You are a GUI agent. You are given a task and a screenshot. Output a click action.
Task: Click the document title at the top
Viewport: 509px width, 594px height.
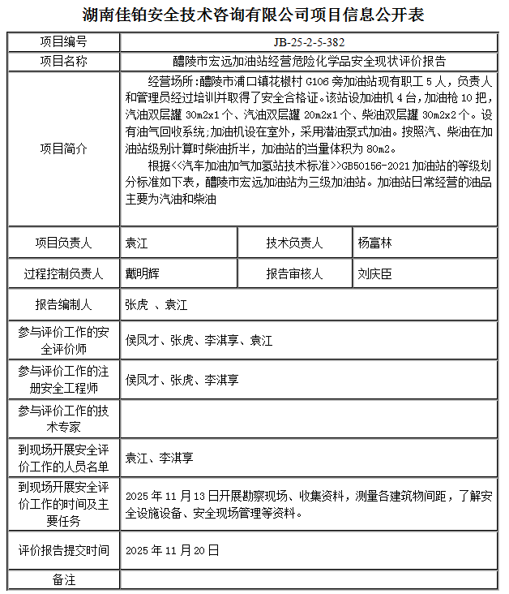[x=254, y=15]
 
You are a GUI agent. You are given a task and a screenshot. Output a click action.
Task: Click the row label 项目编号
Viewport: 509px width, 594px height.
[x=63, y=42]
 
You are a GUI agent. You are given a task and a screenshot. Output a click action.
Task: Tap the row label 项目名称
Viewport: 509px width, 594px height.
[x=63, y=61]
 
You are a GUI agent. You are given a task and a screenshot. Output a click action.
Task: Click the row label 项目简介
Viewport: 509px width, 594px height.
[x=63, y=149]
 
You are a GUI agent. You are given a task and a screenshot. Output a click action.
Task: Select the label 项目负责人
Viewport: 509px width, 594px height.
[x=63, y=243]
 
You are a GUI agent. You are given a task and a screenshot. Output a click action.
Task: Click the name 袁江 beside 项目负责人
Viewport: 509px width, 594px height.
[x=136, y=243]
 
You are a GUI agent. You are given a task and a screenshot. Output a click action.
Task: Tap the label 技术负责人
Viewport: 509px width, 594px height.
[x=294, y=243]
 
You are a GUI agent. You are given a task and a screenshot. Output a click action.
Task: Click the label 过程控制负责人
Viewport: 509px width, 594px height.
[x=63, y=274]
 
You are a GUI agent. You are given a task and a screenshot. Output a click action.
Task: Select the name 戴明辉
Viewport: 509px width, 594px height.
[x=142, y=274]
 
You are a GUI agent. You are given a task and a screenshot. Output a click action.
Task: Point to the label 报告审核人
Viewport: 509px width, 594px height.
[x=294, y=274]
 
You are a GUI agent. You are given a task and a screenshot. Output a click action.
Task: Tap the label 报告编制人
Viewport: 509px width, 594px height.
[x=63, y=305]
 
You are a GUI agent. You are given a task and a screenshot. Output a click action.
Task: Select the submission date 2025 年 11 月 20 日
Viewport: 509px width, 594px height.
[x=173, y=550]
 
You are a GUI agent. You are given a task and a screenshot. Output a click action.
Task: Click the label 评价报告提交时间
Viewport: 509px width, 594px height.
[x=63, y=550]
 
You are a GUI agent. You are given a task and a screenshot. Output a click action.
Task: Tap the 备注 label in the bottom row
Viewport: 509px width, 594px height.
[x=63, y=580]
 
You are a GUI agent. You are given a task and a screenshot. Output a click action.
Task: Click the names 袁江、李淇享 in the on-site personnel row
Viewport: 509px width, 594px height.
[x=159, y=458]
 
